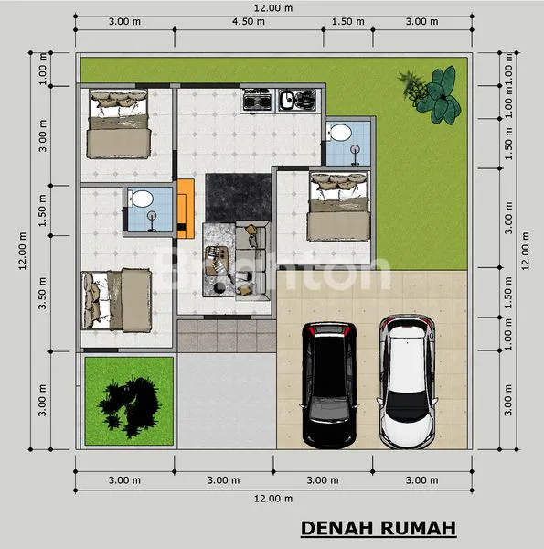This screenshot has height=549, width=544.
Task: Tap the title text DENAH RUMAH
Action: [x=378, y=529]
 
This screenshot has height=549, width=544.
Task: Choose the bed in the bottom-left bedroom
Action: [x=116, y=296]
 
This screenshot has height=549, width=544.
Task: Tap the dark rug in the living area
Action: [x=237, y=196]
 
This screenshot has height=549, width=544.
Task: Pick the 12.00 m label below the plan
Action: [x=273, y=499]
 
